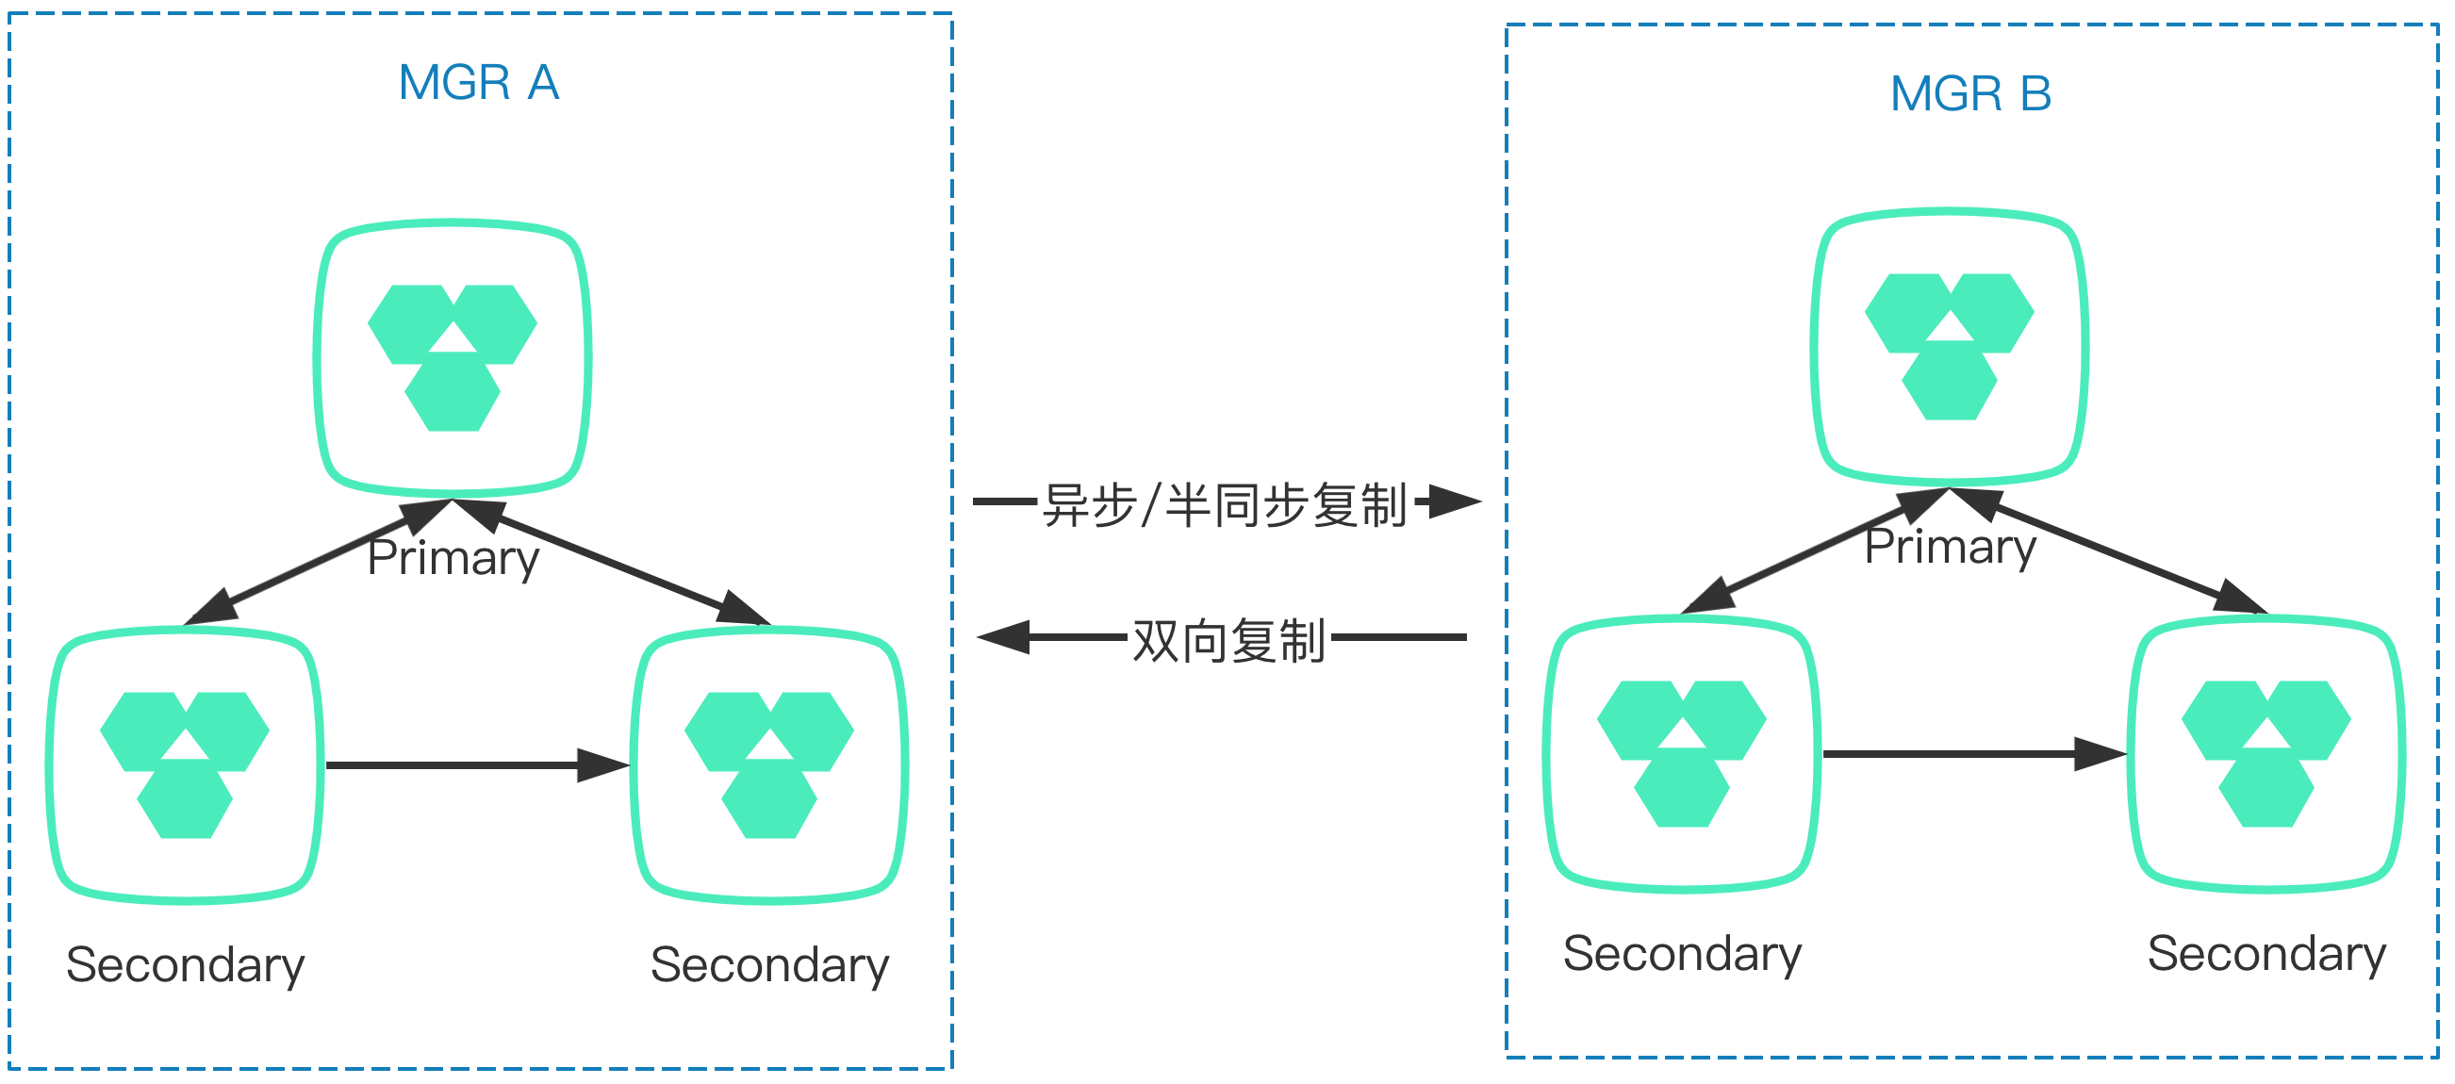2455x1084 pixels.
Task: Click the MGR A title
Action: click(478, 83)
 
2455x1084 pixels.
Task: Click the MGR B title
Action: click(1969, 94)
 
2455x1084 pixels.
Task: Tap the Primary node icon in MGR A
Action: click(453, 358)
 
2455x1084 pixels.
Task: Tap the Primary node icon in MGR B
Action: click(1949, 347)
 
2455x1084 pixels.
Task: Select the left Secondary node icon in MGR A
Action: click(185, 764)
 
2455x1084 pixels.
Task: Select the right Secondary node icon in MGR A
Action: click(769, 764)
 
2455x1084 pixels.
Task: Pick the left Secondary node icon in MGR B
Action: click(1681, 753)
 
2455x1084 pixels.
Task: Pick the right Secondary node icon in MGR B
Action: click(2266, 753)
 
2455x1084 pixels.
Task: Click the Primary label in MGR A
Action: click(453, 558)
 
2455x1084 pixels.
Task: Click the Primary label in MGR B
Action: click(1950, 547)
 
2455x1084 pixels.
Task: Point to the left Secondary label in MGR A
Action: click(185, 965)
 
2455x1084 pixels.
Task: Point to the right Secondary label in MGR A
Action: click(769, 965)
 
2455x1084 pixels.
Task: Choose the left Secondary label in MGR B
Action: click(1682, 954)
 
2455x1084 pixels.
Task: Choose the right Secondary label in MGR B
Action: click(2266, 954)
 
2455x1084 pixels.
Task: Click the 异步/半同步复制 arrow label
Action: click(1225, 505)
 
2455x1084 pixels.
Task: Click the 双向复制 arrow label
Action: click(1228, 641)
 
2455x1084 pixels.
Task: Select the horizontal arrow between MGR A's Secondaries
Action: click(476, 764)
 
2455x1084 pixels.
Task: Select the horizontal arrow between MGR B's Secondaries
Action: click(1972, 753)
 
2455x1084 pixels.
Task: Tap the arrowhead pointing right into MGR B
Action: click(1455, 501)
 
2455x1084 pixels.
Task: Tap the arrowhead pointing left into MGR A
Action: click(1005, 637)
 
